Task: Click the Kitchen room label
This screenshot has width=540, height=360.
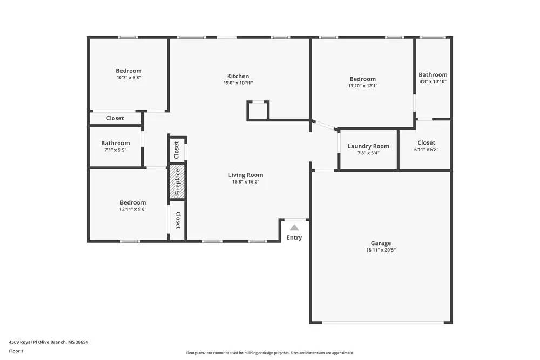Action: (238, 76)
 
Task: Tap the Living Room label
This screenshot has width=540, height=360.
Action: (246, 175)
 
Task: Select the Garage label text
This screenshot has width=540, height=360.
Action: (381, 243)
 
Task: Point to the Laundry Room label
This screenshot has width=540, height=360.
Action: (368, 146)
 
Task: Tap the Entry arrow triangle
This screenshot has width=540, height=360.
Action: (294, 228)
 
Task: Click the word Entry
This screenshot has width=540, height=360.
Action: (294, 237)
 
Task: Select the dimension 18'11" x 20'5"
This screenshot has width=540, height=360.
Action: (381, 250)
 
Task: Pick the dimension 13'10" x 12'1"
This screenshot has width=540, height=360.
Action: (362, 86)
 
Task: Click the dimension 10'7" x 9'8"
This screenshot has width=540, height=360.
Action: (129, 78)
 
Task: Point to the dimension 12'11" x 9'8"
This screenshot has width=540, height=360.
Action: (133, 209)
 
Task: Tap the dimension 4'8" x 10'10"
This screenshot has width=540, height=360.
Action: (433, 81)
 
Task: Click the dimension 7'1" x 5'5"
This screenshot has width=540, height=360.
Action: (115, 150)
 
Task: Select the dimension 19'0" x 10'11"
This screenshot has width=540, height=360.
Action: (238, 83)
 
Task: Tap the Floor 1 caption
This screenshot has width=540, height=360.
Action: (16, 351)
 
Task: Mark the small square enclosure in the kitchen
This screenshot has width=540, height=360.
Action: (258, 110)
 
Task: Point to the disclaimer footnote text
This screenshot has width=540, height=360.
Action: (270, 353)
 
